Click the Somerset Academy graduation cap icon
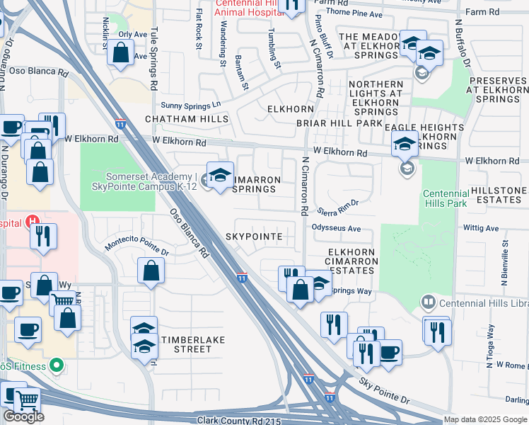click(x=220, y=176)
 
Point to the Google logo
click(x=23, y=416)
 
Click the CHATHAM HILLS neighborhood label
click(x=187, y=119)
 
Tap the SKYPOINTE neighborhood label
click(x=254, y=236)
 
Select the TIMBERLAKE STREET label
click(x=193, y=344)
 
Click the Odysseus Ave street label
click(x=337, y=228)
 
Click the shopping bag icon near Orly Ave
click(x=120, y=52)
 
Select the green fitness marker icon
click(x=56, y=366)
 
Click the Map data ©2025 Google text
click(x=485, y=419)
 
